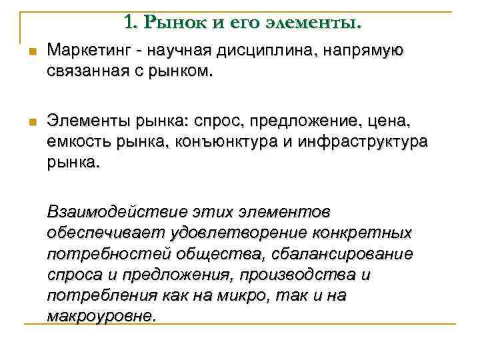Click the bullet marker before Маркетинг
pyautogui.click(x=31, y=51)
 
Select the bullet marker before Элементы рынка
pyautogui.click(x=31, y=121)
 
